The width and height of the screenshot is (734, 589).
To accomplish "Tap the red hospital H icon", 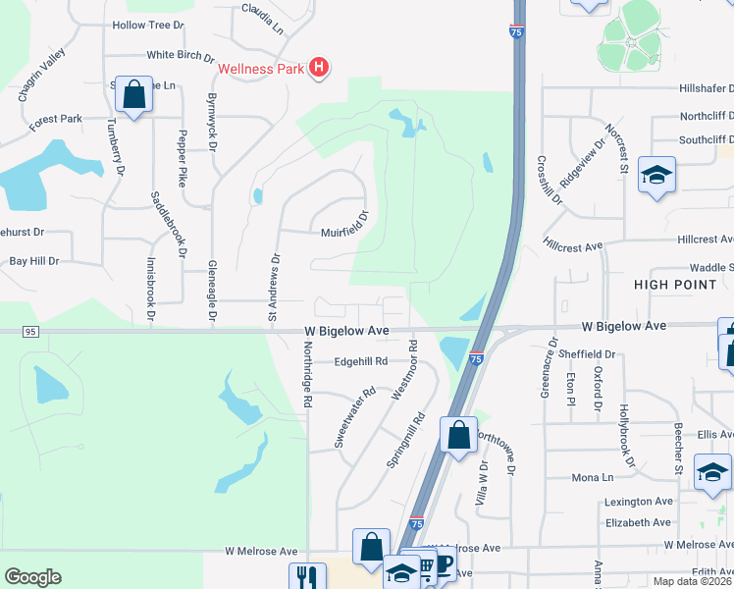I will click(318, 68).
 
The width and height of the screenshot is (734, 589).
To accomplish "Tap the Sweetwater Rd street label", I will click(354, 418).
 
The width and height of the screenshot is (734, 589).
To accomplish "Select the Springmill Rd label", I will click(404, 439).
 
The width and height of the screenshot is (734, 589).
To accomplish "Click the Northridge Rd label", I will click(307, 382).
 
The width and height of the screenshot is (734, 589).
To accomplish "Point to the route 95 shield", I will click(30, 332).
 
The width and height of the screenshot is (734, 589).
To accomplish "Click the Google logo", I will click(32, 577).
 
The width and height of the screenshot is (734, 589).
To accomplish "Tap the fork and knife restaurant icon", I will click(306, 577).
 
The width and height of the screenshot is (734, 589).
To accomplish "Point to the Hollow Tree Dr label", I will click(148, 25).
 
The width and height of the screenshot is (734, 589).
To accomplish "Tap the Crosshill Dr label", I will click(550, 180).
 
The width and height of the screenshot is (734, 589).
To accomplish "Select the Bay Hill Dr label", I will click(34, 261).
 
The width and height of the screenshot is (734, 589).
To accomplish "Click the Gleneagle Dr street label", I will click(212, 292).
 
